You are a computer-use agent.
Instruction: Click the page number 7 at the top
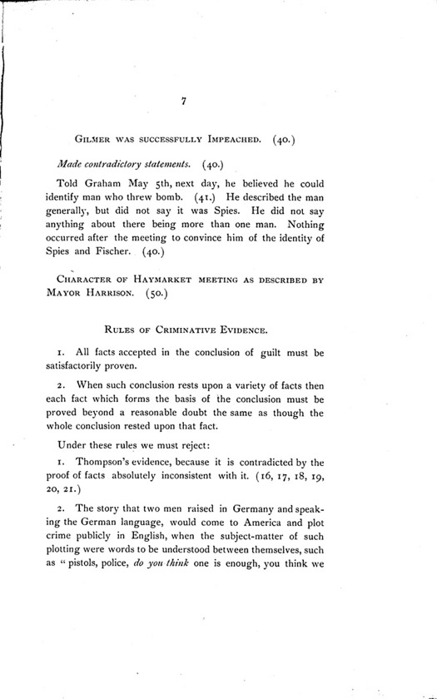182,101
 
